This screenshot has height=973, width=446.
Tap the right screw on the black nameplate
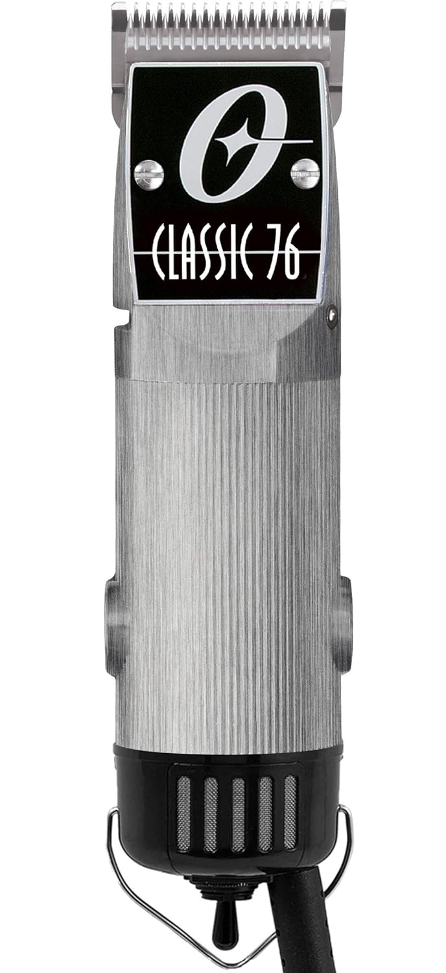(305, 173)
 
